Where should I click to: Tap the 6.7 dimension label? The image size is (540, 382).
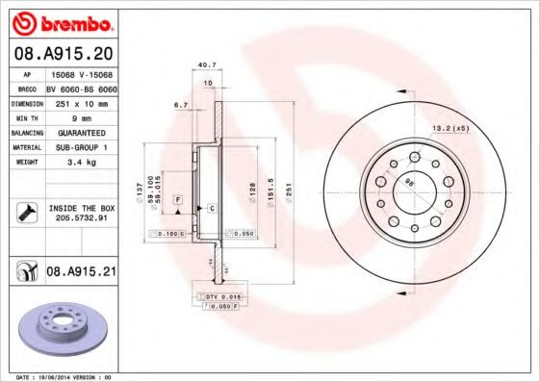[179, 104]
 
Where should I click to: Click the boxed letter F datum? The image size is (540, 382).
[178, 198]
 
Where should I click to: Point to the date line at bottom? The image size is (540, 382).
[58, 376]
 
